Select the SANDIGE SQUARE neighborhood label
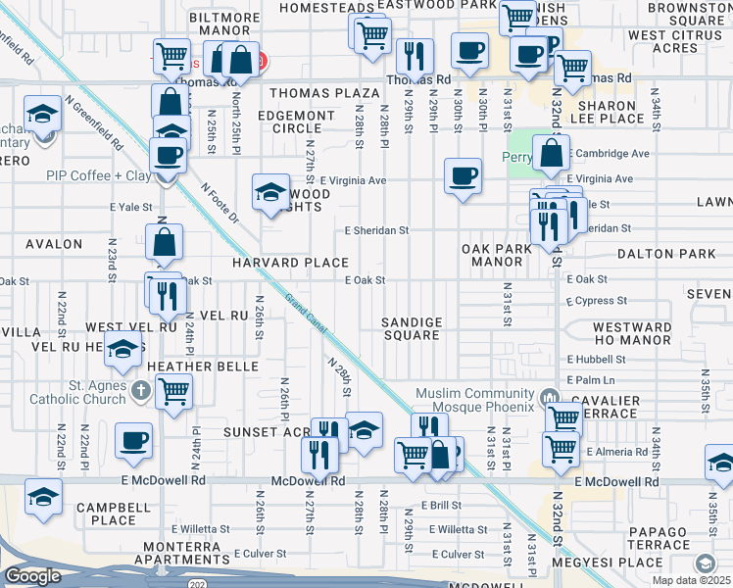click(x=412, y=328)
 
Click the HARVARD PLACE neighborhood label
click(x=290, y=263)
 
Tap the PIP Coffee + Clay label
click(x=98, y=175)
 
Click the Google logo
click(x=32, y=576)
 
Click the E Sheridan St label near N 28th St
click(x=375, y=230)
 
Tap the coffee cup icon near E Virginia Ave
click(x=463, y=176)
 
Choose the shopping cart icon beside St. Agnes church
click(x=173, y=392)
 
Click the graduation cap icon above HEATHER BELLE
click(x=122, y=350)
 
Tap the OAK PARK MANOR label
click(x=498, y=256)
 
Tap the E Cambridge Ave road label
click(x=611, y=154)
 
